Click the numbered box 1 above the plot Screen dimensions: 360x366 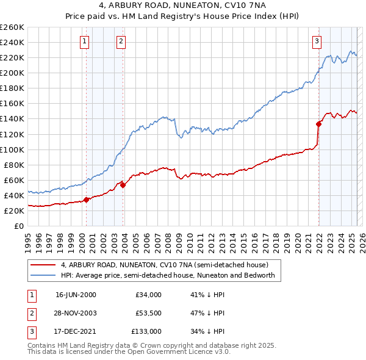[84, 41]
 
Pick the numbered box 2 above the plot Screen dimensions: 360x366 [121, 41]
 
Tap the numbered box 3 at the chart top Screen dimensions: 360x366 [317, 41]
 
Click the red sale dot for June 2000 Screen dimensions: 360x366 [87, 199]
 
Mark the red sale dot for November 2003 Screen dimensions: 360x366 [123, 184]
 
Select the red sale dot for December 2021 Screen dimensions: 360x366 [318, 123]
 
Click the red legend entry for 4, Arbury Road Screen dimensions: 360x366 [165, 265]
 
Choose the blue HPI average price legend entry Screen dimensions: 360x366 [168, 275]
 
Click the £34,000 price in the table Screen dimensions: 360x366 [149, 295]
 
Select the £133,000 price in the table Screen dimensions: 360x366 [146, 331]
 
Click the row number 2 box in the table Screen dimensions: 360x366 [30, 313]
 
